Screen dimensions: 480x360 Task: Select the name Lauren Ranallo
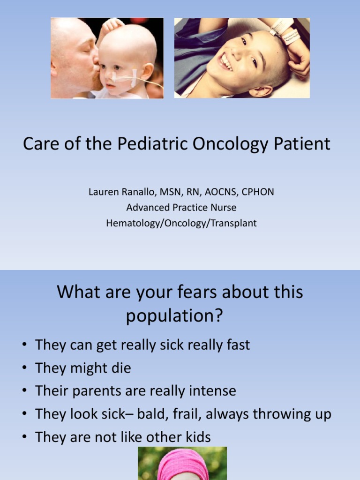click(x=119, y=192)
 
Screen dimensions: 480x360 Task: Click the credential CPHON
click(x=257, y=192)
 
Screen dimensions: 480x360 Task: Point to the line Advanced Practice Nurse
click(x=181, y=208)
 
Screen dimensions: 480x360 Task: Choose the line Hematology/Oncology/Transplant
click(x=181, y=223)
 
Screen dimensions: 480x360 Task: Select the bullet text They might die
click(x=83, y=368)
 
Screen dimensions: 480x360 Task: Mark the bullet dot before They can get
click(x=23, y=345)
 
